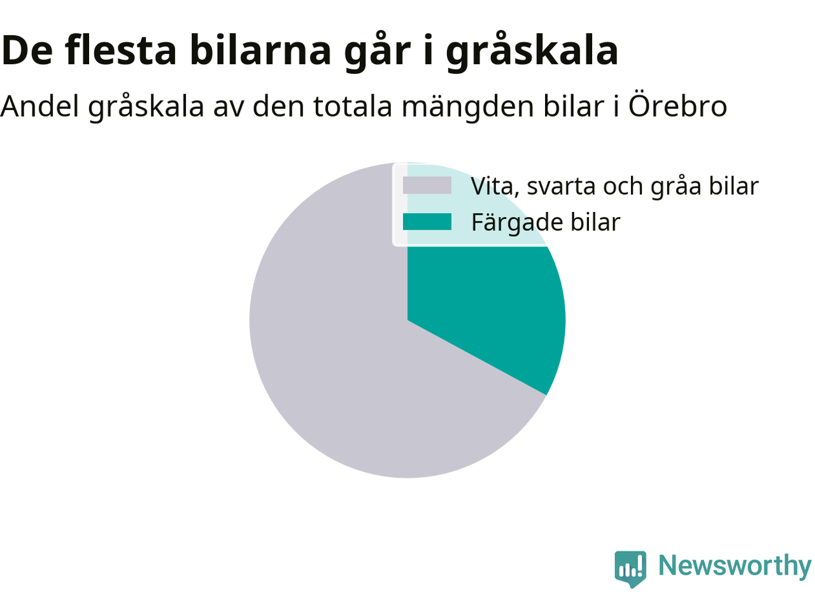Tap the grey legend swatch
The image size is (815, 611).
(427, 185)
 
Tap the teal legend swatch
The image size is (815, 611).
(427, 221)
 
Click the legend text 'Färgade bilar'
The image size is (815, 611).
(546, 223)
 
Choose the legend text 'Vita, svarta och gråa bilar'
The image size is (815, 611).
(615, 186)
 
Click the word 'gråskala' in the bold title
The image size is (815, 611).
(532, 51)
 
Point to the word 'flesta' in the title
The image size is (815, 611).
(120, 50)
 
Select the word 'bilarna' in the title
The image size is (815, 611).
(260, 50)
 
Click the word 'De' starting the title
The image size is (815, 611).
(27, 50)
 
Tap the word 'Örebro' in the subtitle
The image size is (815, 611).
(677, 106)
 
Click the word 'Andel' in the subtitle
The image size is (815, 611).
(39, 106)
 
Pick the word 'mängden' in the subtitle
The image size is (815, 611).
(468, 108)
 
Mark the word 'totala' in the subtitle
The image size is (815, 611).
(352, 106)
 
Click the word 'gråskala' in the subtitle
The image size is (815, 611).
(146, 108)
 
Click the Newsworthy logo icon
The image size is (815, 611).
(630, 569)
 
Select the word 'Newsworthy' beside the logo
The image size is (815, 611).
(735, 566)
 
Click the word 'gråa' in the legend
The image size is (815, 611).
(676, 187)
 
